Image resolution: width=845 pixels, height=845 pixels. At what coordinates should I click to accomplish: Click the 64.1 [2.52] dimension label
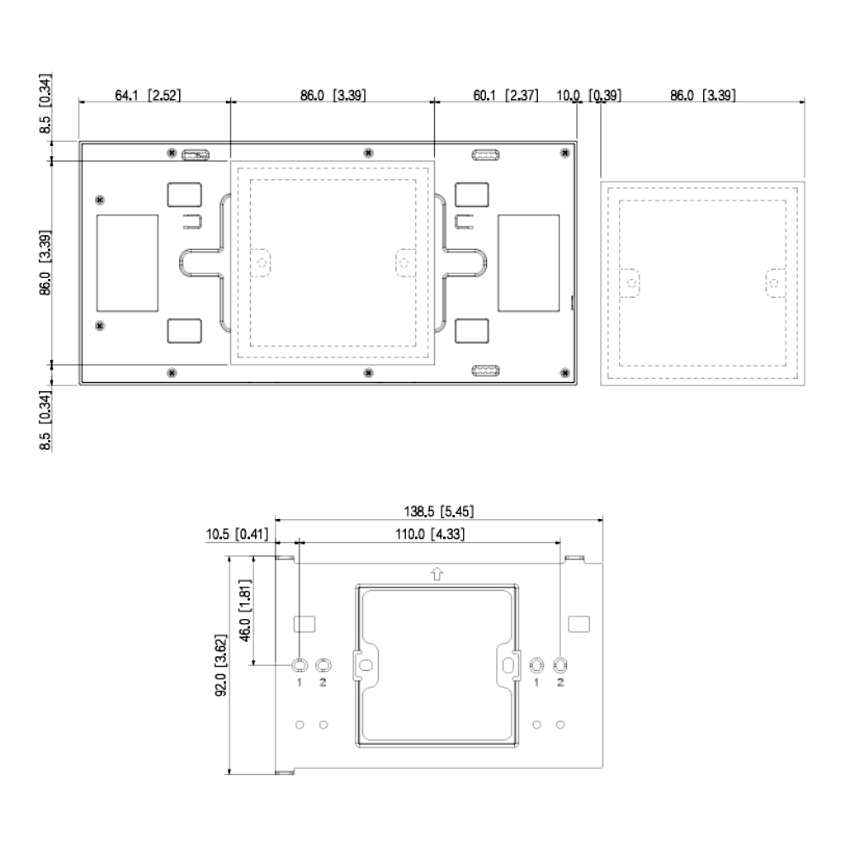(147, 96)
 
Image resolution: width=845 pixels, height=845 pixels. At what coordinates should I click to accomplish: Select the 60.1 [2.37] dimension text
(506, 96)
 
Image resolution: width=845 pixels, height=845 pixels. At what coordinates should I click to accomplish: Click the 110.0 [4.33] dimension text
(428, 535)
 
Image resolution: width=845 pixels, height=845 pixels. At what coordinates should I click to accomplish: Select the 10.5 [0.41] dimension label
(238, 535)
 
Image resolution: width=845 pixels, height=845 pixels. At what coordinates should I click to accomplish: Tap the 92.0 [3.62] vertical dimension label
(219, 665)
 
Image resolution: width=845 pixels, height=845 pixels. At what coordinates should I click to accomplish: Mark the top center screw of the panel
(368, 153)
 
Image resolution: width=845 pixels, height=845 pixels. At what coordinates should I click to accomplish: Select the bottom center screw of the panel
(368, 372)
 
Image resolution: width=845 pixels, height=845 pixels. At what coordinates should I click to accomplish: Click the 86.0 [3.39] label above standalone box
(703, 96)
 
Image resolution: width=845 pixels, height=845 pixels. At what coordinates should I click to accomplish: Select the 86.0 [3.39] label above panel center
(333, 96)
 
